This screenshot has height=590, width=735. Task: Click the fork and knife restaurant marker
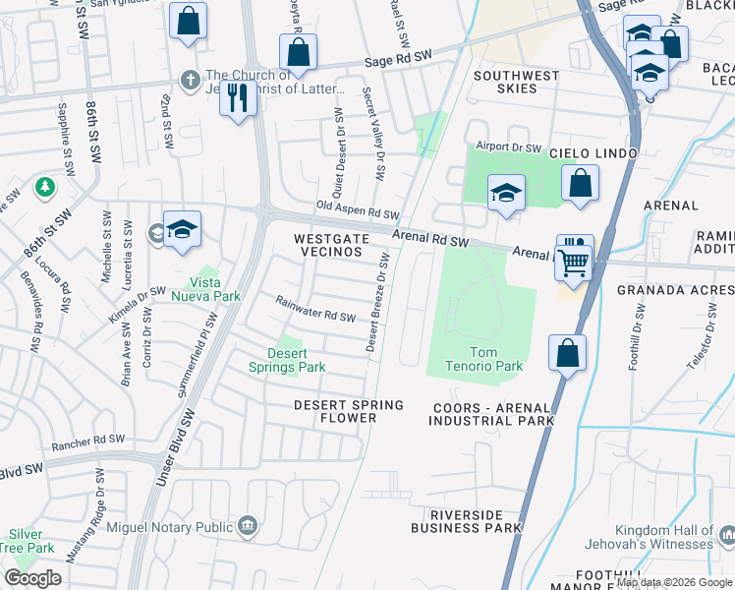pyautogui.click(x=238, y=98)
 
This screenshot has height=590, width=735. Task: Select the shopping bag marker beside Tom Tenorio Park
pyautogui.click(x=568, y=354)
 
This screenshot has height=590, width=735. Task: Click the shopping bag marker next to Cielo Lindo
pyautogui.click(x=581, y=184)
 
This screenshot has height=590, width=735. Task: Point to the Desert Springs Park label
pyautogui.click(x=298, y=361)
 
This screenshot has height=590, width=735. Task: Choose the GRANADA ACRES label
pyautogui.click(x=675, y=290)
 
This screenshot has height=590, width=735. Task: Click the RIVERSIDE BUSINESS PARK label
pyautogui.click(x=475, y=521)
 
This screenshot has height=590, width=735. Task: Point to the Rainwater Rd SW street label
pyautogui.click(x=314, y=309)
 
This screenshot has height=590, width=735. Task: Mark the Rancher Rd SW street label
pyautogui.click(x=89, y=440)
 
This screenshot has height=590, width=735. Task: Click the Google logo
pyautogui.click(x=33, y=578)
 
